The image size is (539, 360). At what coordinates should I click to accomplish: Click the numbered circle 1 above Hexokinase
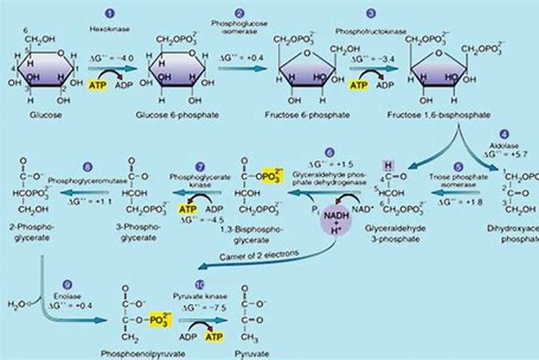(x=109, y=13)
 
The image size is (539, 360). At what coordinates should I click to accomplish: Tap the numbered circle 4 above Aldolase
(x=505, y=133)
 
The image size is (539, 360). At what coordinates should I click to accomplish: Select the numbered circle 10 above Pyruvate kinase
(x=199, y=284)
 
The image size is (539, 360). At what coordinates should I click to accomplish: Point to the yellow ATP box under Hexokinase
(x=98, y=84)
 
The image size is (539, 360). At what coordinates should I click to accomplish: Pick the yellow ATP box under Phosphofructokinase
(x=359, y=84)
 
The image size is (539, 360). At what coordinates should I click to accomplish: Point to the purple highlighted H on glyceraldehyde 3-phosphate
(x=389, y=164)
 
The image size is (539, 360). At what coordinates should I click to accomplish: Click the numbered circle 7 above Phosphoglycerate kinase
(x=201, y=165)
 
